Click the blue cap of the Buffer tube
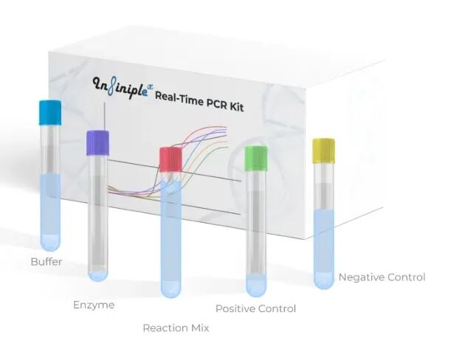coord(49,113)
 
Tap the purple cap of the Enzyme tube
coord(97,142)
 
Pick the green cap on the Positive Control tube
coord(255,156)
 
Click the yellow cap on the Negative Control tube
coord(323,150)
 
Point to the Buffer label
coord(47,262)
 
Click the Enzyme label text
coord(94,305)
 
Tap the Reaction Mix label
coord(176,328)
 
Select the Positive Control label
coord(255,308)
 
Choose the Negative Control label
coord(382,277)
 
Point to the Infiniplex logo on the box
coord(122,86)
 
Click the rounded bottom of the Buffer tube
coord(50,243)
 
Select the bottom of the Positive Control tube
coord(256,285)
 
